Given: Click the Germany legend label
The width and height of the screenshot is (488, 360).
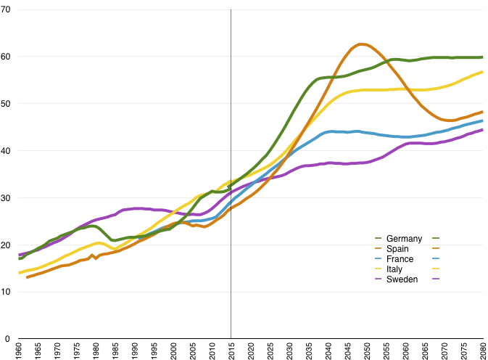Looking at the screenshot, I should (404, 239).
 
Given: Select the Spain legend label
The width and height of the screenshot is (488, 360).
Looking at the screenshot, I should (398, 249).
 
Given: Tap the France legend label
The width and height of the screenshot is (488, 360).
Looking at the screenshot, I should (400, 259).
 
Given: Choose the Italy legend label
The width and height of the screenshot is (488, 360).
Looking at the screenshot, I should (395, 269).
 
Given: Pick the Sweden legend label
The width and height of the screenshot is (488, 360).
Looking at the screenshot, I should (402, 279).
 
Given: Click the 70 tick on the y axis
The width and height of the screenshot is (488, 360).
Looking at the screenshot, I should (7, 9).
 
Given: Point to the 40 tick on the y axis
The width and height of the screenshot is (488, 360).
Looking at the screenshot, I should (7, 150).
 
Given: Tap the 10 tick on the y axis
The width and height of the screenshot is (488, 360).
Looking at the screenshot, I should (7, 292).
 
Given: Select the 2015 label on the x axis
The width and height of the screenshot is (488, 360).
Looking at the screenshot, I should (231, 350).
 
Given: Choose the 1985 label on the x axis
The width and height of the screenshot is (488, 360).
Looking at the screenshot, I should (115, 350).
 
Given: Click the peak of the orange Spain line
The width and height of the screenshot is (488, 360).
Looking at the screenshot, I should (361, 44).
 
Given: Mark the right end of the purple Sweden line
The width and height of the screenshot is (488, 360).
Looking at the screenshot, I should (482, 130).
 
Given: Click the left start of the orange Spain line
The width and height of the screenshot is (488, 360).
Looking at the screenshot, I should (27, 277).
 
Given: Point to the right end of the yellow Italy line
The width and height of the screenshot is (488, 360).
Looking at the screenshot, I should (482, 72).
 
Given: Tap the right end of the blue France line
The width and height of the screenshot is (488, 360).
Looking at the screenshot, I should (482, 120).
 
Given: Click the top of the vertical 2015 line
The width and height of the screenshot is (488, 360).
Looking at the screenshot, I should (231, 10).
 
